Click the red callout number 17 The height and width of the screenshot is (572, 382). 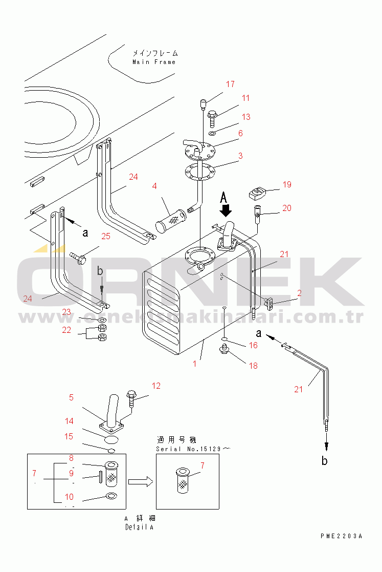pos(230,84)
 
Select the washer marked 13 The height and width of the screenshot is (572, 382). pos(213,133)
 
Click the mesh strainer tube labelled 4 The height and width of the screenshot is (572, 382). pos(171,220)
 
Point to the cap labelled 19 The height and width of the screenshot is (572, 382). pos(258,193)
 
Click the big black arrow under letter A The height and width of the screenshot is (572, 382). pos(226,210)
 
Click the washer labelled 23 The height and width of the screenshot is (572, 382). pos(103,320)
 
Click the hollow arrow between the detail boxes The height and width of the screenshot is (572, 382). pos(141,481)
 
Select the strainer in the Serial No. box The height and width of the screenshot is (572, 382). pos(183,481)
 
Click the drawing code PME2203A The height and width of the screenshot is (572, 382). pos(342,536)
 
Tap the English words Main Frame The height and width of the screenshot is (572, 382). pos(154,62)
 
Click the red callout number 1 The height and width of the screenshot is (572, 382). pos(194,364)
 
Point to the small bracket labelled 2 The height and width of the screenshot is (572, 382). pos(269,302)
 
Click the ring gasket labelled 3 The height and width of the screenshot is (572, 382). pos(200,172)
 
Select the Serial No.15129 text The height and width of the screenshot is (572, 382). pos(188,449)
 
